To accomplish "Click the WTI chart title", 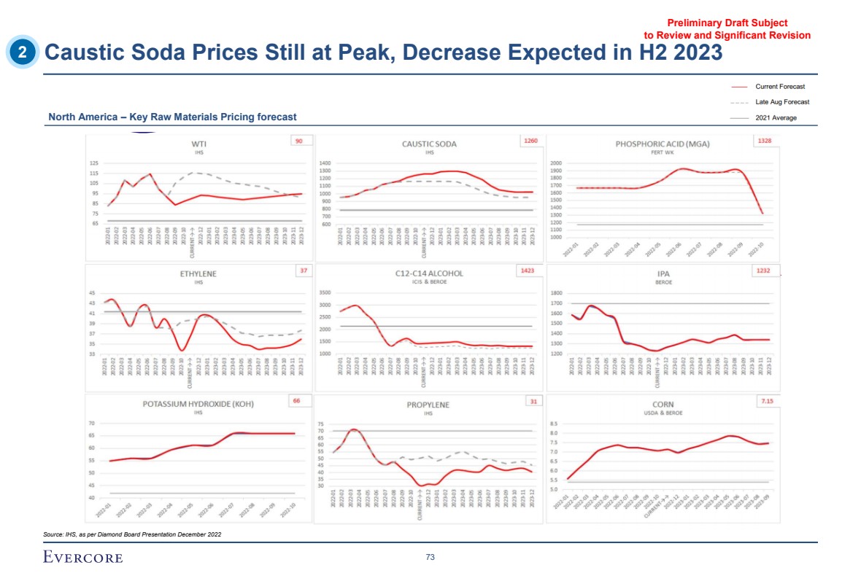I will coord(197,144).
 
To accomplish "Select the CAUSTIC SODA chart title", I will coord(429,144).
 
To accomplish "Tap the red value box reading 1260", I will coord(530,141).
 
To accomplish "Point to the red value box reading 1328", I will coord(763,141).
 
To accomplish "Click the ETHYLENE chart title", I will coord(198,274).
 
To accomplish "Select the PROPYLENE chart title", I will coord(428,405).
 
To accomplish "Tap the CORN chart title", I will coord(663,405).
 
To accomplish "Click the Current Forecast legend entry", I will coord(780,87).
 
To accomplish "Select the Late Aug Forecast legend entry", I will coord(782,102).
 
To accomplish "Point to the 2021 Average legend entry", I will coord(776,117).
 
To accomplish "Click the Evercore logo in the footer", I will coord(83,558).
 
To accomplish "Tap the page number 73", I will coord(430,558).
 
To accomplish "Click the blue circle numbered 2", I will coord(23,52).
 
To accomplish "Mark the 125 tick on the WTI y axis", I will coord(94,163).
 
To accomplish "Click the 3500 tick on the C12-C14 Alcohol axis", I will coord(325,293).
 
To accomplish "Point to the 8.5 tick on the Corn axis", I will coord(553,424).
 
